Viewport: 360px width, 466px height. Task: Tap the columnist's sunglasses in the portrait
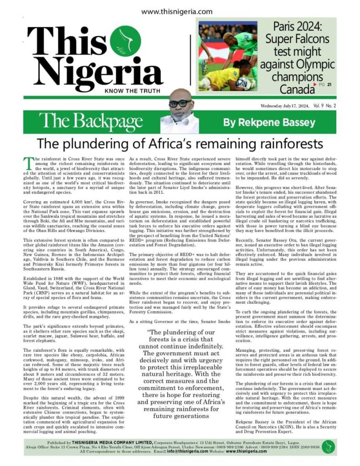pos(180,103)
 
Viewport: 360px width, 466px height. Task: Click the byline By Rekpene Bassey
pos(263,123)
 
